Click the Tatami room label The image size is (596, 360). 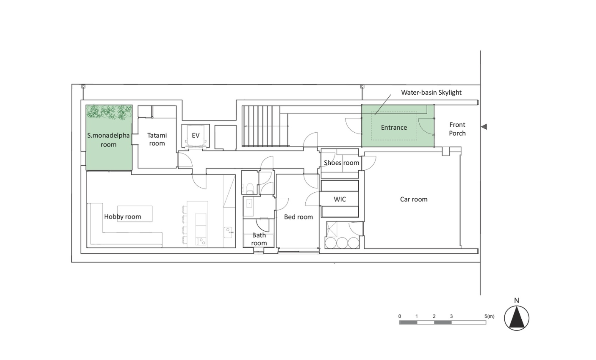pos(157,139)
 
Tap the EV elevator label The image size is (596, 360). pos(196,135)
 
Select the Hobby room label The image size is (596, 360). pos(122,217)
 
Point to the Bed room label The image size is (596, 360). pos(298,217)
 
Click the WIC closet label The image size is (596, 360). pos(340,199)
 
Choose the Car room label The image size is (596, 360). pos(414,199)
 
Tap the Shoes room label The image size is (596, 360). pos(341,163)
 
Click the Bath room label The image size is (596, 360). pos(259,239)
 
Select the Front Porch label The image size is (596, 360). pos(458,129)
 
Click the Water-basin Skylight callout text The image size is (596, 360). pos(431,92)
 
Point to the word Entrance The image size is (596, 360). pos(394,128)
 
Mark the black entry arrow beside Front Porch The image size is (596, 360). pos(484,127)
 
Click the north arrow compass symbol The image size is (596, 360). pos(517,318)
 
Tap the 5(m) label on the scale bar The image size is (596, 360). pos(489,316)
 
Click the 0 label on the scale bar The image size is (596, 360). pos(400,316)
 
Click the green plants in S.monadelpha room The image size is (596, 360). pos(109,112)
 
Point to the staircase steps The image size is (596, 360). pos(265,126)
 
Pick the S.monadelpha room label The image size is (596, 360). pos(108,140)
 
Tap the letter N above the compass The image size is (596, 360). pos(517,301)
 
